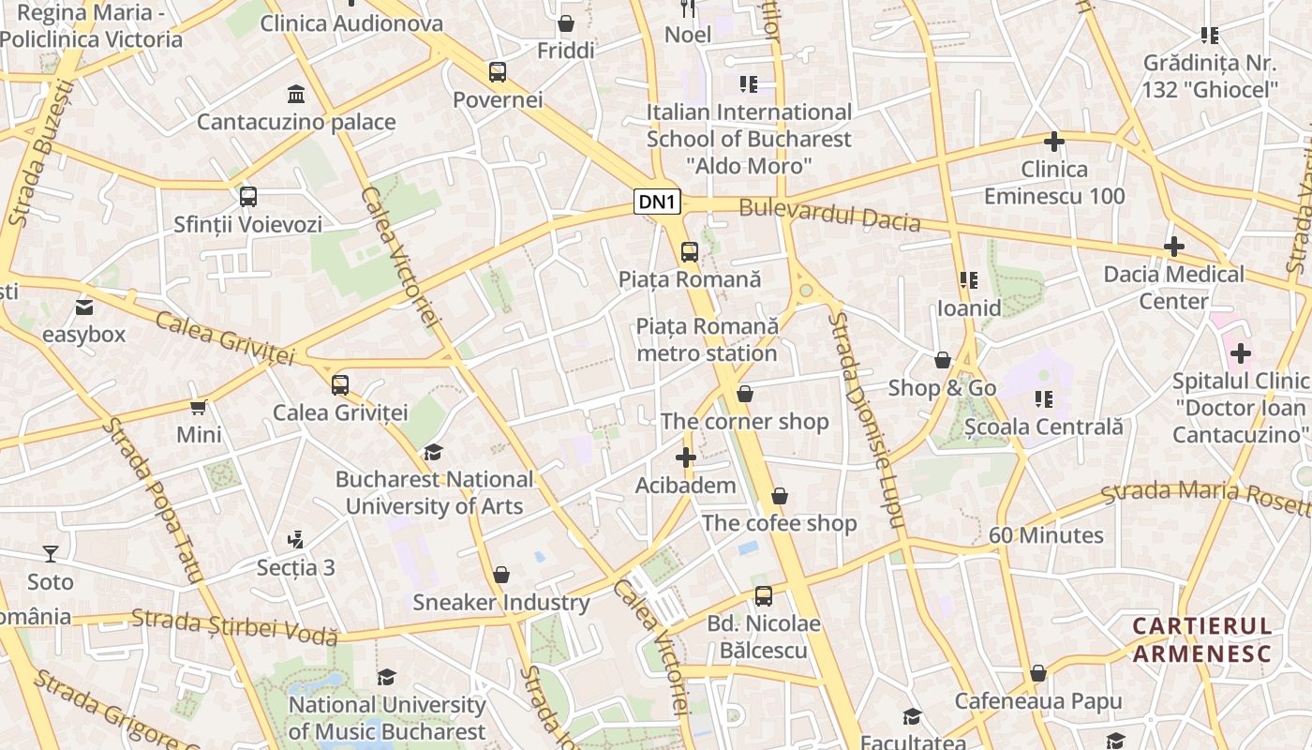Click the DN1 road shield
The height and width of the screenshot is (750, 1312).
coord(657,202)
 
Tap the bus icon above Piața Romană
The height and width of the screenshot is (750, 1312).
coord(690,251)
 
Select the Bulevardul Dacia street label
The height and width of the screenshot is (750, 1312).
coord(828,215)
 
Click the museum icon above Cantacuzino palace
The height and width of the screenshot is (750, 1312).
coord(296,94)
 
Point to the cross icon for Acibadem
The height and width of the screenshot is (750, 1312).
coord(686,457)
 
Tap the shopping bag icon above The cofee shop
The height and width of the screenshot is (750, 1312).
coord(780,496)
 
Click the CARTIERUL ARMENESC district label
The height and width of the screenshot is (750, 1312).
coord(1201,639)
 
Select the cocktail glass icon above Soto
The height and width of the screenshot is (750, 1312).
coord(51,554)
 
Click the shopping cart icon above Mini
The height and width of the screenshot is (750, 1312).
coord(199,407)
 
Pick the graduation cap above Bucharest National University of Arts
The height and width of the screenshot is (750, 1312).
coord(433,452)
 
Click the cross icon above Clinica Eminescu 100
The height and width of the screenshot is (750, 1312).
coord(1054,142)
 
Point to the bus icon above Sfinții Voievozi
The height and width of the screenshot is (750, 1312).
coord(248,197)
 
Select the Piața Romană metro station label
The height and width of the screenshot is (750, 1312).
coord(708,339)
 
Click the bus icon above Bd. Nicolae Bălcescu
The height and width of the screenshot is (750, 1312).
coord(764,595)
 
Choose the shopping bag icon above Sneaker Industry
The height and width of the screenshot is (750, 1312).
coord(501,574)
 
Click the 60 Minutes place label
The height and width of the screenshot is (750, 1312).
coord(1046,535)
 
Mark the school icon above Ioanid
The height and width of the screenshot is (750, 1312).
coord(969,280)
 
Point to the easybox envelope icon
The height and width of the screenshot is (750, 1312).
coord(84,307)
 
